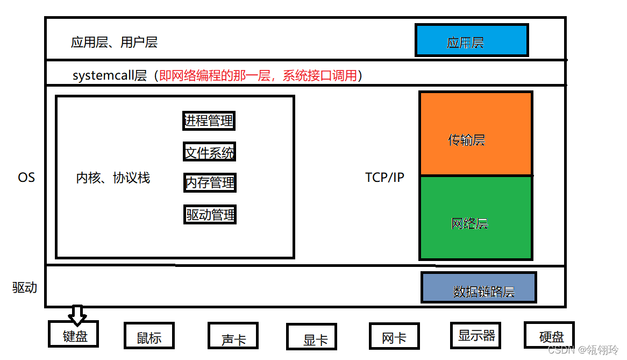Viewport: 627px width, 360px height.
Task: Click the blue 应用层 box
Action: point(471,40)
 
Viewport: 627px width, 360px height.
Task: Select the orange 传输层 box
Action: point(475,133)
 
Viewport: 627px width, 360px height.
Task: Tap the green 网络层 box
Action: point(475,218)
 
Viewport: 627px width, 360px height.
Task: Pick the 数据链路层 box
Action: point(479,288)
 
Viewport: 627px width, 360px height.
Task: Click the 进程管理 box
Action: point(209,121)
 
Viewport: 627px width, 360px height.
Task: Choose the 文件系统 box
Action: point(209,152)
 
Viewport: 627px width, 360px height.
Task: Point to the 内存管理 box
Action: point(210,183)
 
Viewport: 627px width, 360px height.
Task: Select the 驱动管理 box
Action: point(210,215)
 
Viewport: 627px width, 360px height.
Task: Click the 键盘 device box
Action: point(75,335)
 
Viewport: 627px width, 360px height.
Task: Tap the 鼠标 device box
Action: point(149,337)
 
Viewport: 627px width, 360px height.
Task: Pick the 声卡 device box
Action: point(233,337)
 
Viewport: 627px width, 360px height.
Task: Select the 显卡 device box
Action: point(311,338)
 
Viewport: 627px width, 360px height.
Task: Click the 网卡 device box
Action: point(394,337)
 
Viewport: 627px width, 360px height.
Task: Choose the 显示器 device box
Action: point(476,336)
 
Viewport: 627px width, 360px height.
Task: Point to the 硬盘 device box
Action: point(549,336)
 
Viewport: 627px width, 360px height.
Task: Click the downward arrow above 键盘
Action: point(78,315)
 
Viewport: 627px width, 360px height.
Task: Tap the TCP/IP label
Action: point(384,178)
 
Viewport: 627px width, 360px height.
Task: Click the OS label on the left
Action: point(26,178)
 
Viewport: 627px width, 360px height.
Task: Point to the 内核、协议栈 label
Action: point(113,178)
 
